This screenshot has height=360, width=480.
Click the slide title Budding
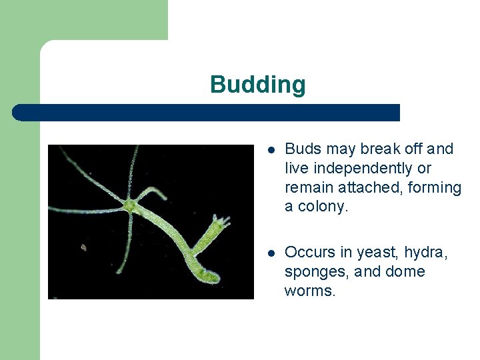click(257, 85)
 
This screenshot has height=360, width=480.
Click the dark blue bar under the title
click(207, 113)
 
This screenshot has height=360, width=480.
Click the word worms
click(310, 291)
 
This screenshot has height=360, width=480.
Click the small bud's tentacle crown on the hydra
click(221, 221)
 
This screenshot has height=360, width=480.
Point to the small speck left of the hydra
click(83, 247)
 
